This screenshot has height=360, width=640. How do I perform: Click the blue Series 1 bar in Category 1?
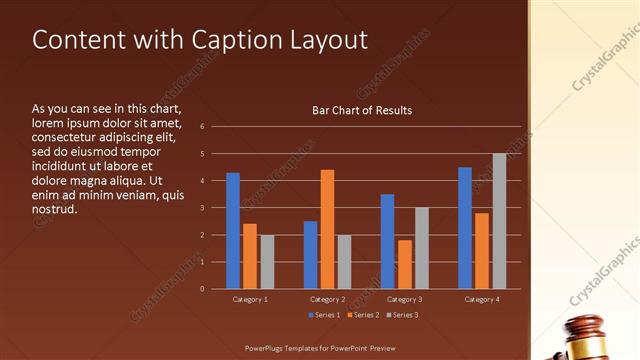pos(233,231)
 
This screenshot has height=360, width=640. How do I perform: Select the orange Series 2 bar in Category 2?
pos(327,229)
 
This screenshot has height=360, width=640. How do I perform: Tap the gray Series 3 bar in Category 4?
pos(499,221)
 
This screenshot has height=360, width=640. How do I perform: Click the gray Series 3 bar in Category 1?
pos(267,262)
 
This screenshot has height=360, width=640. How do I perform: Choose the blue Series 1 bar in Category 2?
pos(310,255)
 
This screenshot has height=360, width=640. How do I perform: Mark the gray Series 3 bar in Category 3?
pos(422,248)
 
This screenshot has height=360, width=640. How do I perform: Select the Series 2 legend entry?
pos(363,315)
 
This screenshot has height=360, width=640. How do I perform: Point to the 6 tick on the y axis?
pos(202,127)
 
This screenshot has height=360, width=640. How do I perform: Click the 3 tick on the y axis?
pos(202,208)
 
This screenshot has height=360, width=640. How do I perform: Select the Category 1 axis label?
pos(250,299)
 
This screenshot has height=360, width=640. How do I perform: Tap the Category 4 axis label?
pos(482,299)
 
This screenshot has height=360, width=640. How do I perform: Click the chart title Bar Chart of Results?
pos(362,110)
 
